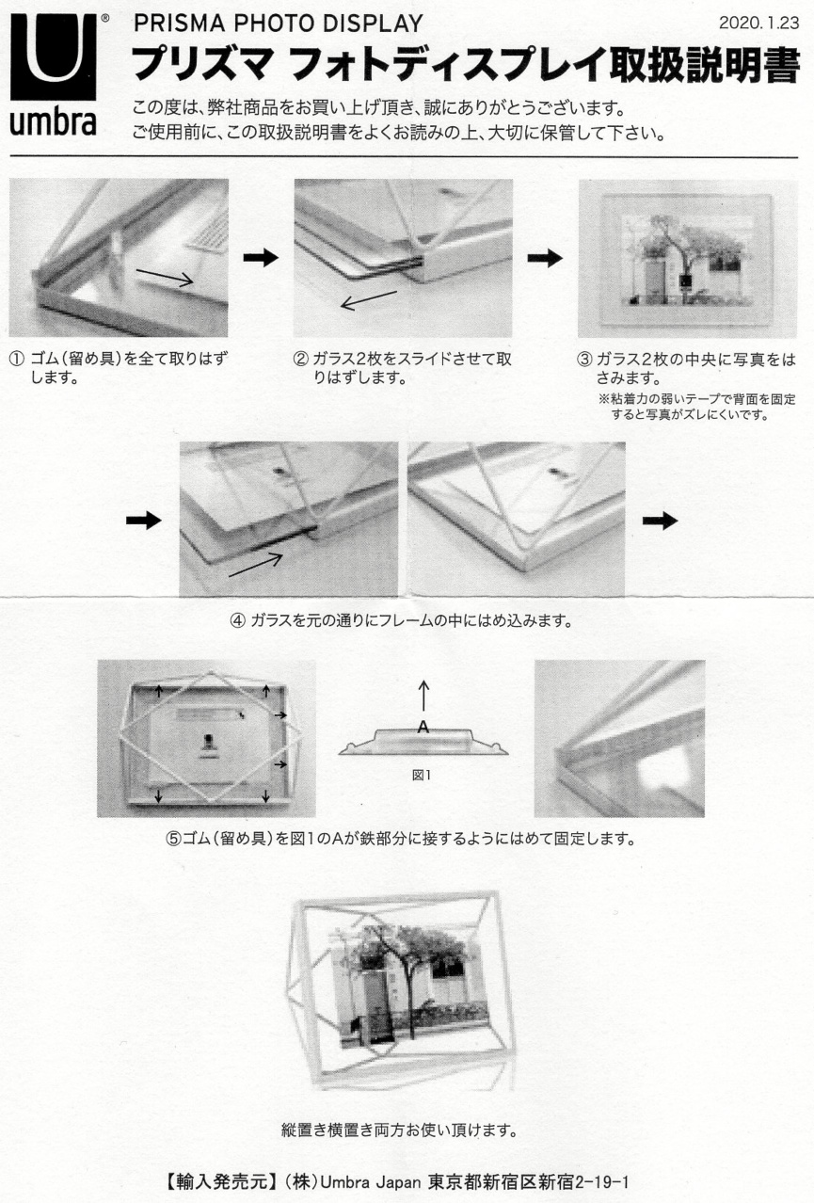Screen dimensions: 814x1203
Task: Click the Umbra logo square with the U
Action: click(53, 56)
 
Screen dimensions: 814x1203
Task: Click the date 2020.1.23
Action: click(758, 24)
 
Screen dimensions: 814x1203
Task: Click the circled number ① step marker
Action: click(17, 359)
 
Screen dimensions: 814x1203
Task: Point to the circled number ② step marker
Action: click(301, 359)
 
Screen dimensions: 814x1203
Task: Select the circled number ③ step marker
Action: click(584, 359)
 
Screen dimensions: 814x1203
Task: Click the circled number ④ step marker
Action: click(238, 621)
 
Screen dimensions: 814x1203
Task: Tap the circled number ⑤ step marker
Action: click(173, 839)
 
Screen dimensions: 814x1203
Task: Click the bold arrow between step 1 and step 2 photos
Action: click(261, 258)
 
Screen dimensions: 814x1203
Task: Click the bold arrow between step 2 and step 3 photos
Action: click(545, 258)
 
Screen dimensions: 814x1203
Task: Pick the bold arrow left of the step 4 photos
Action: click(143, 521)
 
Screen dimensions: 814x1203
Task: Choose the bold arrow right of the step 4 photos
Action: click(660, 521)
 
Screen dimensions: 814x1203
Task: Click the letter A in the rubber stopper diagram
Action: click(423, 728)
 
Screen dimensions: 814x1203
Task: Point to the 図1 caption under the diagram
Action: click(422, 775)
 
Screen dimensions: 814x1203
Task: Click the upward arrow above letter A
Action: click(423, 697)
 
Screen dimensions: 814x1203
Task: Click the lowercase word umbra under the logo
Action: click(53, 122)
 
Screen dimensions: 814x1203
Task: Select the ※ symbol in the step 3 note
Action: click(603, 399)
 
